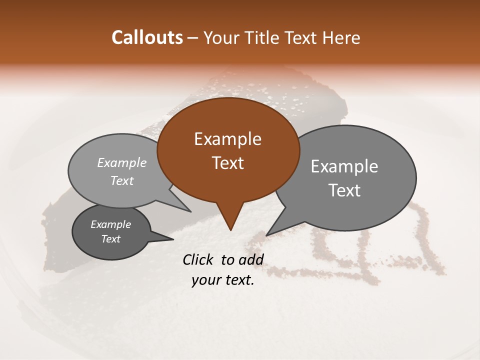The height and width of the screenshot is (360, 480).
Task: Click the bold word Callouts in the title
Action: pyautogui.click(x=147, y=37)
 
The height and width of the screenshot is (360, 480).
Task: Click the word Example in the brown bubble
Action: pyautogui.click(x=227, y=139)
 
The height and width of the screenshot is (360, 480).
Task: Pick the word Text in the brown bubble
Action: pyautogui.click(x=227, y=163)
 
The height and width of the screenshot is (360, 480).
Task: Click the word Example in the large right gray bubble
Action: pyautogui.click(x=344, y=166)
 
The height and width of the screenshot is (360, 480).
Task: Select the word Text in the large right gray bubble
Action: pyautogui.click(x=344, y=190)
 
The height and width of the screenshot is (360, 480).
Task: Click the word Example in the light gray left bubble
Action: pyautogui.click(x=122, y=162)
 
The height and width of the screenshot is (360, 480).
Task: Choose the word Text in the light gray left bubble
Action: pyautogui.click(x=122, y=180)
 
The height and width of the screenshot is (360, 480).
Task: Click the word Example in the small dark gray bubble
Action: pyautogui.click(x=111, y=224)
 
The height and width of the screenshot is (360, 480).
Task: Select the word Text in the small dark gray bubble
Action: pyautogui.click(x=111, y=239)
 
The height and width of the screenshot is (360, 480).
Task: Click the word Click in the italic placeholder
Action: pyautogui.click(x=198, y=259)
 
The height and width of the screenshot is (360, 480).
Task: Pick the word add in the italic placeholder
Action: pyautogui.click(x=251, y=259)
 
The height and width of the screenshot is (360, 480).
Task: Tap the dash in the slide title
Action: pyautogui.click(x=193, y=38)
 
